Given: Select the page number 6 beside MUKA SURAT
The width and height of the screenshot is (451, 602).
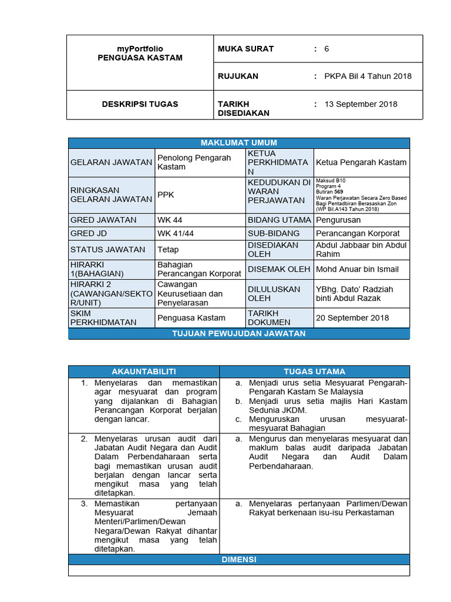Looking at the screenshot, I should tap(327, 49).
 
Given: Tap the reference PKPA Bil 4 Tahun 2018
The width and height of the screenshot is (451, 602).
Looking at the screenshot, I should tap(368, 76).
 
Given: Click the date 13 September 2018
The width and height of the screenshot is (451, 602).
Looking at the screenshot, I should tap(361, 104).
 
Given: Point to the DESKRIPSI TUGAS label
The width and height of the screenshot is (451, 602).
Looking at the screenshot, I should tap(140, 104).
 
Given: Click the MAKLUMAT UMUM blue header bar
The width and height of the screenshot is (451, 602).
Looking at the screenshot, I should tap(238, 143).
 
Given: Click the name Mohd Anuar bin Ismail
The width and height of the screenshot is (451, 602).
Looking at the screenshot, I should tap(357, 269).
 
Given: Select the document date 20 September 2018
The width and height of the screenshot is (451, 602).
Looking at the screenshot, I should tap(352, 317).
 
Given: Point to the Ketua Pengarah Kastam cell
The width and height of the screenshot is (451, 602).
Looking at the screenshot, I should tap(361, 162).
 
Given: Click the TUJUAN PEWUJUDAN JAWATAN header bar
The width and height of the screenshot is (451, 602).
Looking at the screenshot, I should tap(238, 333).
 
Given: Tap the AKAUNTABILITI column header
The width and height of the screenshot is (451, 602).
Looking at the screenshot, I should tap(144, 372).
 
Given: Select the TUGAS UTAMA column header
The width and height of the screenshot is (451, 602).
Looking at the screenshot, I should tap(314, 372).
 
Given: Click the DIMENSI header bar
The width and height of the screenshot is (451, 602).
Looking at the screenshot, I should tap(238, 560).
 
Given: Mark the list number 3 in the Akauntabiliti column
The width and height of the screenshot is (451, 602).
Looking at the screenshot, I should tap(84, 504).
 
